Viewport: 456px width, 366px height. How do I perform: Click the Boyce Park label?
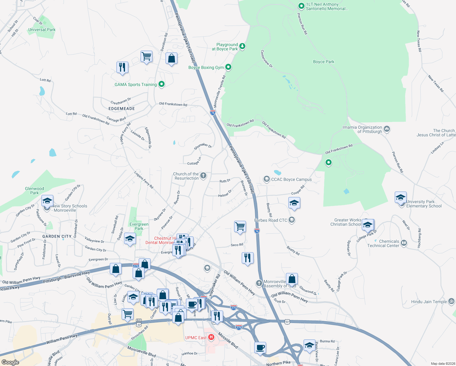pos(323,62)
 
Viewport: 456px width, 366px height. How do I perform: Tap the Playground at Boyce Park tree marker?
pos(242,46)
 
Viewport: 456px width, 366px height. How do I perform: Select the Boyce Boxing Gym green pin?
pos(228,67)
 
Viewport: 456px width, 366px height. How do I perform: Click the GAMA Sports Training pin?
pos(162,84)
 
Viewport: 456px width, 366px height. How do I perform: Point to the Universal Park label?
pos(42,30)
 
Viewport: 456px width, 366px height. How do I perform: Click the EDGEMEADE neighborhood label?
pos(122,109)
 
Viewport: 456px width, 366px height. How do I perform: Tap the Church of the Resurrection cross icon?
pos(203,175)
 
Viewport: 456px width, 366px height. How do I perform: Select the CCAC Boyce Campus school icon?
pos(267,179)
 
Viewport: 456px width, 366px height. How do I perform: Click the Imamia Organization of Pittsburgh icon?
pos(387,129)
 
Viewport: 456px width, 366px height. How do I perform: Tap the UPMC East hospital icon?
pos(211,337)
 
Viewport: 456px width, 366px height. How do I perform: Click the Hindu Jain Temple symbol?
pos(451,301)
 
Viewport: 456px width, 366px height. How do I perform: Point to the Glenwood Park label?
pos(34,191)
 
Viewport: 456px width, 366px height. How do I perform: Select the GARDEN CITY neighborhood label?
pos(57,236)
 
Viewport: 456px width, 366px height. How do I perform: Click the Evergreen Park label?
pos(139,226)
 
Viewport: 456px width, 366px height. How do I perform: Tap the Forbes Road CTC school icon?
pos(292,220)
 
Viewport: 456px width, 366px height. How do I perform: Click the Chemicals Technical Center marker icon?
pos(404,243)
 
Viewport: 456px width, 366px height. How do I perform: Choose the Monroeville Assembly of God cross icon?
pos(259,283)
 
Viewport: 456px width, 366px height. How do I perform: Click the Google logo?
pos(10,362)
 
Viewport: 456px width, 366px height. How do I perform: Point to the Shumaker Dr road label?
pos(203,146)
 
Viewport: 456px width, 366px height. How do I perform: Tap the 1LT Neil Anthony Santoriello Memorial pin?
pos(301,6)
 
